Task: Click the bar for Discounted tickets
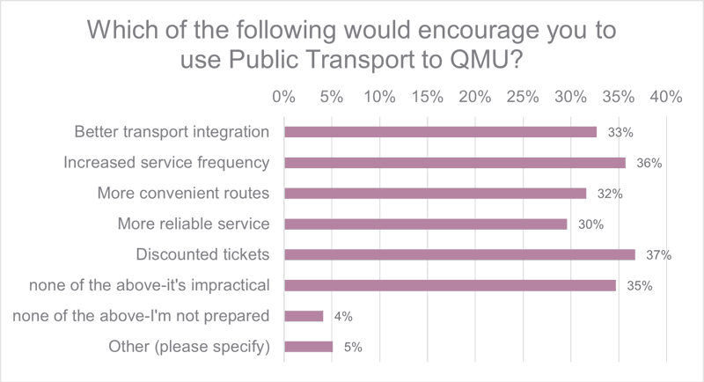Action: click(x=458, y=254)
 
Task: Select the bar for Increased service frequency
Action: click(x=454, y=163)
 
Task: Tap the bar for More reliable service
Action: click(x=425, y=224)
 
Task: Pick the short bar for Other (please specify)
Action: click(x=308, y=346)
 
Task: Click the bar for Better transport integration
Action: click(x=440, y=132)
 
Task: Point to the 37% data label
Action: click(x=658, y=255)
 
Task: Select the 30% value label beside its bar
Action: click(x=590, y=224)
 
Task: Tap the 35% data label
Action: click(x=639, y=286)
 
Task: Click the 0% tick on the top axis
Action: click(x=283, y=97)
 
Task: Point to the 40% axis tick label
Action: click(x=666, y=97)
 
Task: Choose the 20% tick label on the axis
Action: click(x=475, y=97)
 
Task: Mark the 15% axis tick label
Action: click(x=427, y=97)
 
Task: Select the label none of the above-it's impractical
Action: click(x=149, y=285)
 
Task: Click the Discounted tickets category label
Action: click(x=202, y=254)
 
